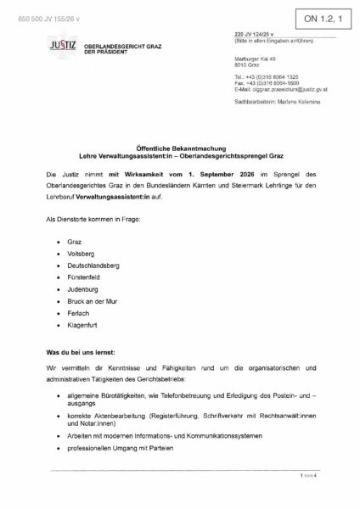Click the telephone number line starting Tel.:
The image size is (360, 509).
(268, 76)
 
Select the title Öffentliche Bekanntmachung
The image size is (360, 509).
(180, 148)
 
